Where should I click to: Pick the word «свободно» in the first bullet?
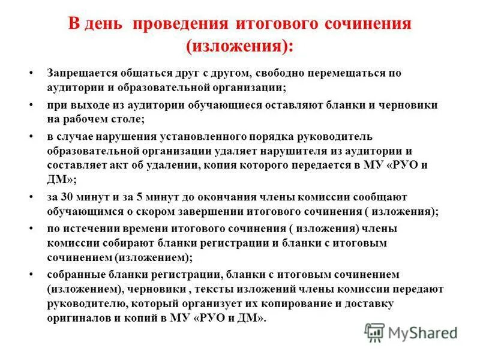pos(281,73)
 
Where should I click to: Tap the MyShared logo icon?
pos(374,332)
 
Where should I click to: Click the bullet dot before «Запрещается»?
pos(31,73)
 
